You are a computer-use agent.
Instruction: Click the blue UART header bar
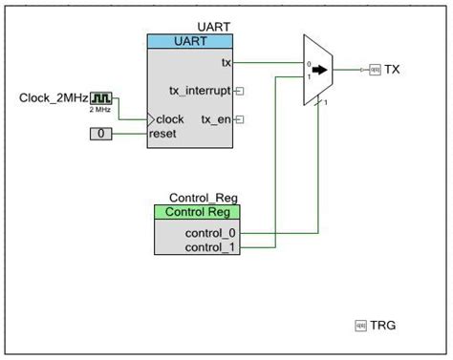point(189,42)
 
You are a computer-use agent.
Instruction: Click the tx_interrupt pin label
point(198,91)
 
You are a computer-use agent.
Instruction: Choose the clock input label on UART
point(170,119)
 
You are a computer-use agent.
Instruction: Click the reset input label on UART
point(163,134)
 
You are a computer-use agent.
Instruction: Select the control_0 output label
point(212,232)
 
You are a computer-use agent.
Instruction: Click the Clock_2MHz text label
point(53,98)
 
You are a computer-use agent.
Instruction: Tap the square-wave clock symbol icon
point(101,98)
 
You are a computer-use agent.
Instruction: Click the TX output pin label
point(393,70)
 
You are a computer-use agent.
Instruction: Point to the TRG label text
point(383,326)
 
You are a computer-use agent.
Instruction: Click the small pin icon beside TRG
point(361,326)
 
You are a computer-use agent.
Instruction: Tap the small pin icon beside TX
point(375,70)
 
